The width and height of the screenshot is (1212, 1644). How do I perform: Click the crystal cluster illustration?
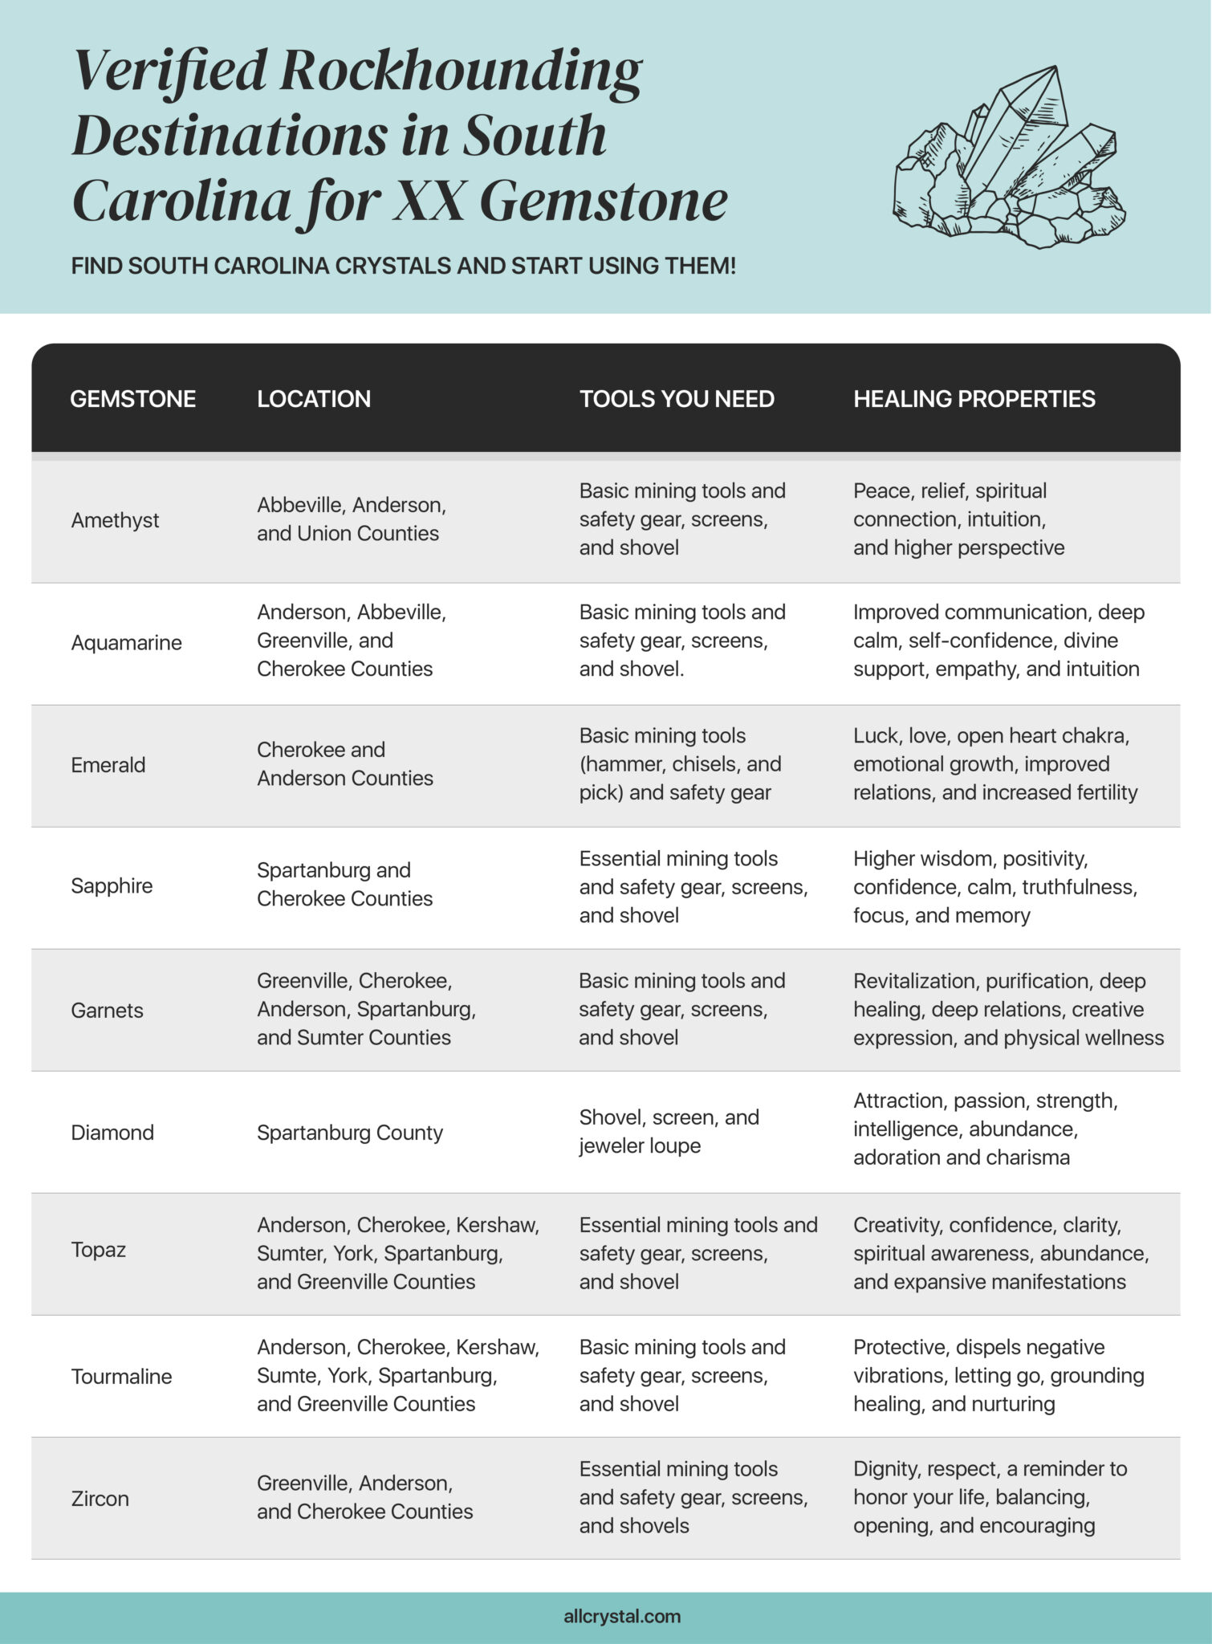[1009, 157]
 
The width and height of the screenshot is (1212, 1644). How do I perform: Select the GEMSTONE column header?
[133, 399]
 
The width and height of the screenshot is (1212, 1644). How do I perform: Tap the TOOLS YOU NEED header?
[677, 399]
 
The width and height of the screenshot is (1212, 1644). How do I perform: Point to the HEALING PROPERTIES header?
[974, 399]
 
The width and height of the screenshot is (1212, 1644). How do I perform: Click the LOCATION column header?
[314, 399]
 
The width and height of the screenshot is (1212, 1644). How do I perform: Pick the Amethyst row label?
[115, 520]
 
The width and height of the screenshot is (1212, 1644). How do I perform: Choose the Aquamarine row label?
[126, 642]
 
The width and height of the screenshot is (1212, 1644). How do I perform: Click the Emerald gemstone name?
[108, 764]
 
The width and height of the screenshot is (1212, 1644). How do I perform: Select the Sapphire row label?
[112, 885]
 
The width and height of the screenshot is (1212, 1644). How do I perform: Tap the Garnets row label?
[107, 1010]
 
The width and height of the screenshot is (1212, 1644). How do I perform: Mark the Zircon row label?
[100, 1498]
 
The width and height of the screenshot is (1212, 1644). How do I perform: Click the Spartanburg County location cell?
[350, 1132]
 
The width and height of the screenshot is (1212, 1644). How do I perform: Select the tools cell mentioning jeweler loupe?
[669, 1131]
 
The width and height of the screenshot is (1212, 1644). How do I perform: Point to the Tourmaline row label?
[121, 1376]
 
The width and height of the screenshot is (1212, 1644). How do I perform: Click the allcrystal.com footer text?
[622, 1616]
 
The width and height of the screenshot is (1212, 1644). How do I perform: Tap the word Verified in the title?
[169, 71]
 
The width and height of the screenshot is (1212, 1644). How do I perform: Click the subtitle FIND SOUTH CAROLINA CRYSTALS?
[403, 266]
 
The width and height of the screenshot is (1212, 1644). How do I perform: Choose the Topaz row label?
[98, 1249]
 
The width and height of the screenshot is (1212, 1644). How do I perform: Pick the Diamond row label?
[112, 1132]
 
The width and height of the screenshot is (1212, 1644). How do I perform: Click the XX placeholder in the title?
[429, 201]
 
